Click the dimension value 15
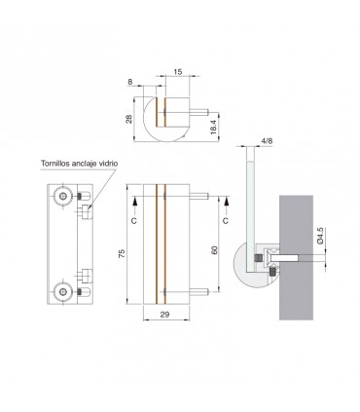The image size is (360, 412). (x=178, y=72)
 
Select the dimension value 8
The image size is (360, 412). (x=130, y=82)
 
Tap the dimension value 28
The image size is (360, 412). (x=129, y=119)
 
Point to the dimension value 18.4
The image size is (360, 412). (x=213, y=127)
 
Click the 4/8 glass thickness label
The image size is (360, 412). (x=267, y=141)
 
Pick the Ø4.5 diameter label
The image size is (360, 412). (x=320, y=236)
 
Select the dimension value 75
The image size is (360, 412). (x=122, y=253)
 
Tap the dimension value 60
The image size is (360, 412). (x=214, y=250)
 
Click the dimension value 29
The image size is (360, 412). (x=165, y=315)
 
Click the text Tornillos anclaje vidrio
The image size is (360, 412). (x=79, y=164)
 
